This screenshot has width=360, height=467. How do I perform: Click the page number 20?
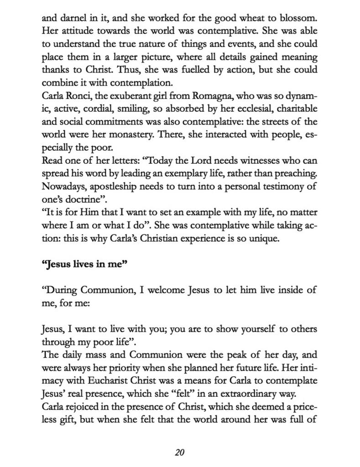[179, 452]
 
